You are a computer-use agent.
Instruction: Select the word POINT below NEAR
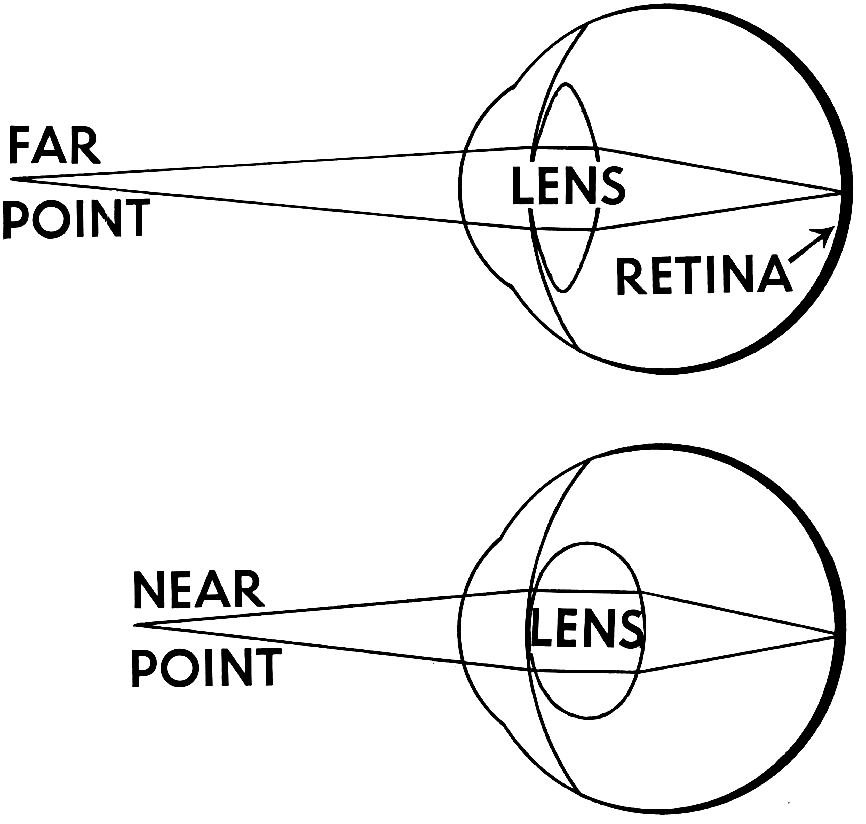click(x=206, y=668)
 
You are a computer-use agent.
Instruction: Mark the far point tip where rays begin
click(x=12, y=179)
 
